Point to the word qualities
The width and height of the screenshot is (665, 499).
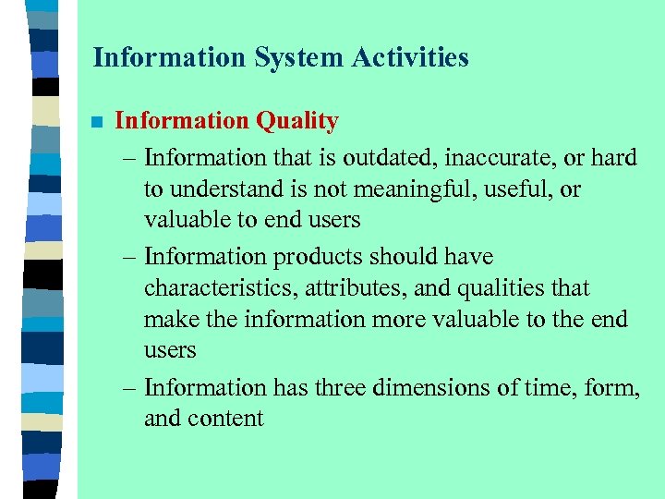pyautogui.click(x=502, y=288)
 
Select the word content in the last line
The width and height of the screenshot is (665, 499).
pyautogui.click(x=227, y=419)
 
